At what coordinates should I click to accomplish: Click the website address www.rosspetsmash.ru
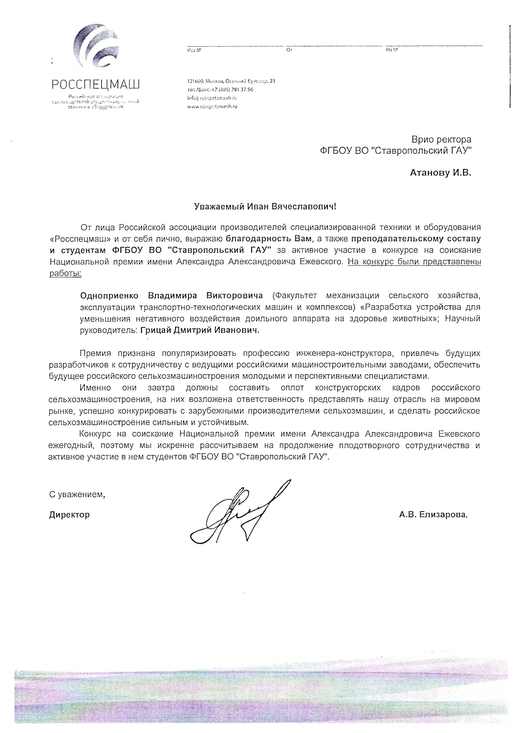click(212, 107)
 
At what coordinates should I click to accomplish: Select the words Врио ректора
click(441, 139)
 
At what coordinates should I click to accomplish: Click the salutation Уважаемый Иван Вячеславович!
click(265, 207)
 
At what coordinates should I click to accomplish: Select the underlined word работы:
click(65, 273)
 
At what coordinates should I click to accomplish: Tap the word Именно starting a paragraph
click(95, 388)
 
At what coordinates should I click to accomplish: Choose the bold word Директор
click(69, 515)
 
